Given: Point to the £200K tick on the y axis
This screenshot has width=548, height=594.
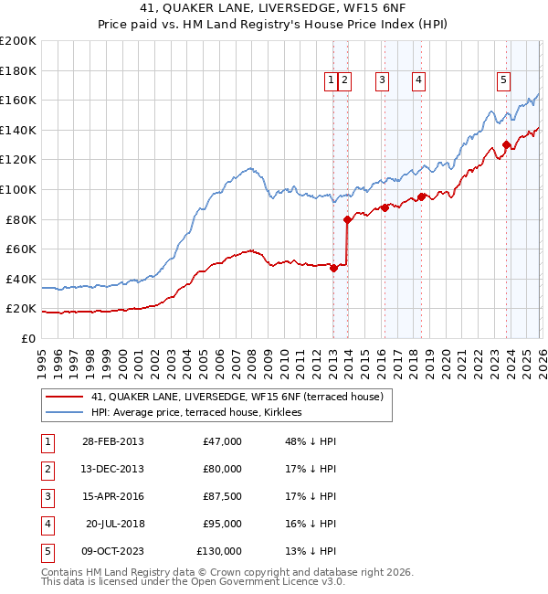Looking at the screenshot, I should tap(17, 40).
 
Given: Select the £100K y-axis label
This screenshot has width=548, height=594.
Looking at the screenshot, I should tap(17, 189).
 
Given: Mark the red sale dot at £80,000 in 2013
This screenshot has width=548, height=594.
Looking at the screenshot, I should tap(347, 219).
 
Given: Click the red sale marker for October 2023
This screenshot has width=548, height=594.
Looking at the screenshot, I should tap(506, 143).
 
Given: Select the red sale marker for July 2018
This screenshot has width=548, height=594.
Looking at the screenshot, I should tap(421, 196).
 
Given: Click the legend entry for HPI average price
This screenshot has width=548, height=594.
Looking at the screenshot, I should tap(203, 413).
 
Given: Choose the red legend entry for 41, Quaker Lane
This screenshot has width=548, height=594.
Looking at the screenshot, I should tap(242, 396).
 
